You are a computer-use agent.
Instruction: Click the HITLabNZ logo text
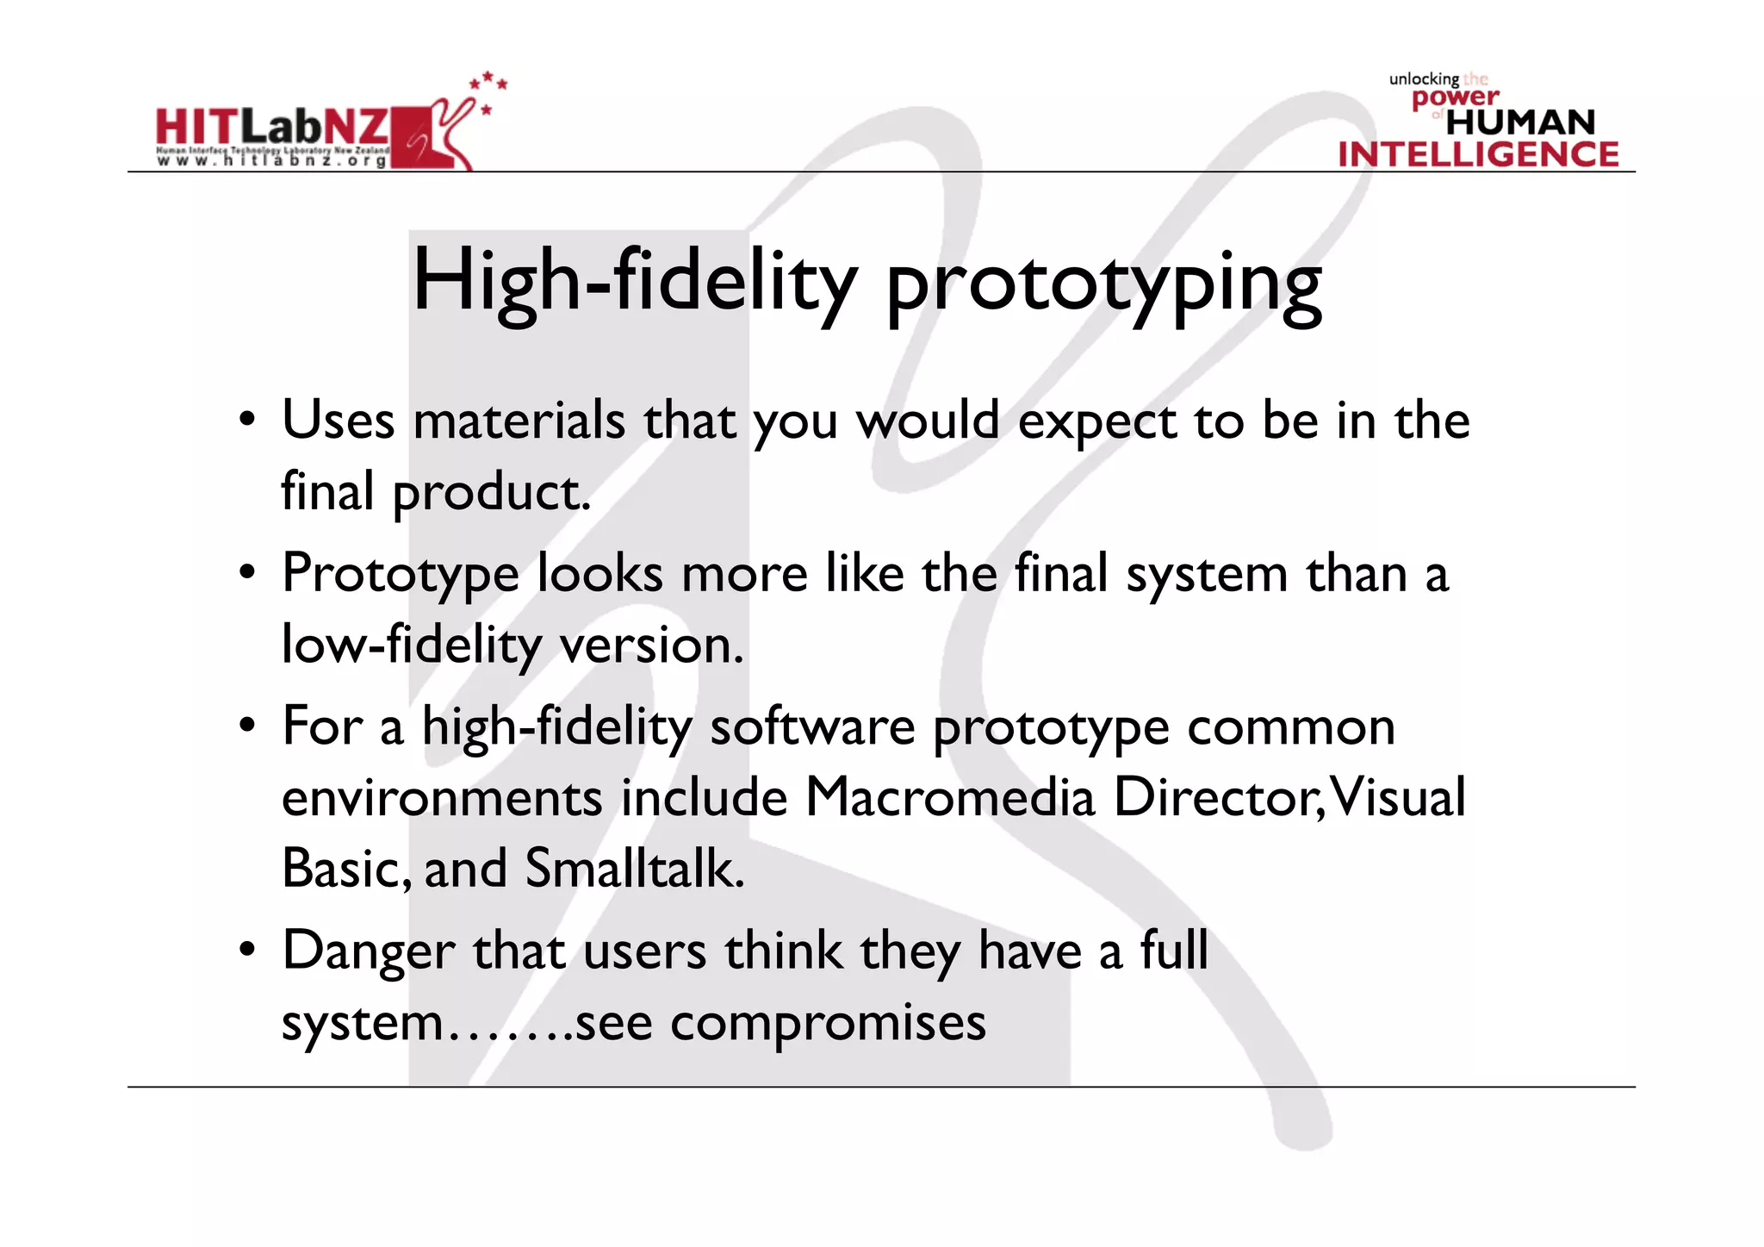pyautogui.click(x=272, y=128)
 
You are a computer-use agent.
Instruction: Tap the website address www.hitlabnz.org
pyautogui.click(x=271, y=161)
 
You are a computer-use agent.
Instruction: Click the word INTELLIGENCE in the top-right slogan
pyautogui.click(x=1478, y=154)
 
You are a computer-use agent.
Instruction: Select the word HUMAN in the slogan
pyautogui.click(x=1520, y=122)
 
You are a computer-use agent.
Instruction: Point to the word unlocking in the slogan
pyautogui.click(x=1424, y=79)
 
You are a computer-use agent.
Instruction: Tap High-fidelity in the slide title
pyautogui.click(x=635, y=280)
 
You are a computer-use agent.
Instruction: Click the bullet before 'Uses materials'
pyautogui.click(x=248, y=421)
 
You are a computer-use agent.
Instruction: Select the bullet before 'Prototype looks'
pyautogui.click(x=248, y=573)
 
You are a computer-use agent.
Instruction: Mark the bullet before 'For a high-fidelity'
pyautogui.click(x=248, y=726)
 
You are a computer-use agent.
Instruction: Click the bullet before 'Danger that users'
pyautogui.click(x=248, y=950)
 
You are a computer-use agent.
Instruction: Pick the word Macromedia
pyautogui.click(x=949, y=797)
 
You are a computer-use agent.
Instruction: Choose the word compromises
pyautogui.click(x=828, y=1023)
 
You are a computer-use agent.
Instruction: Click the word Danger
pyautogui.click(x=369, y=951)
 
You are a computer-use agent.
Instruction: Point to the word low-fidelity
pyautogui.click(x=411, y=645)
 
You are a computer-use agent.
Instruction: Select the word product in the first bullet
pyautogui.click(x=491, y=492)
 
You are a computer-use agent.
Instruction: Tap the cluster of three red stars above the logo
pyautogui.click(x=488, y=81)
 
